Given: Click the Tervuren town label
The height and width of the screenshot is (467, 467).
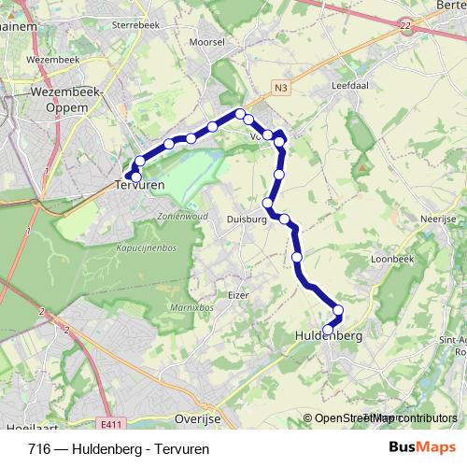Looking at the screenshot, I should coord(139,187).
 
